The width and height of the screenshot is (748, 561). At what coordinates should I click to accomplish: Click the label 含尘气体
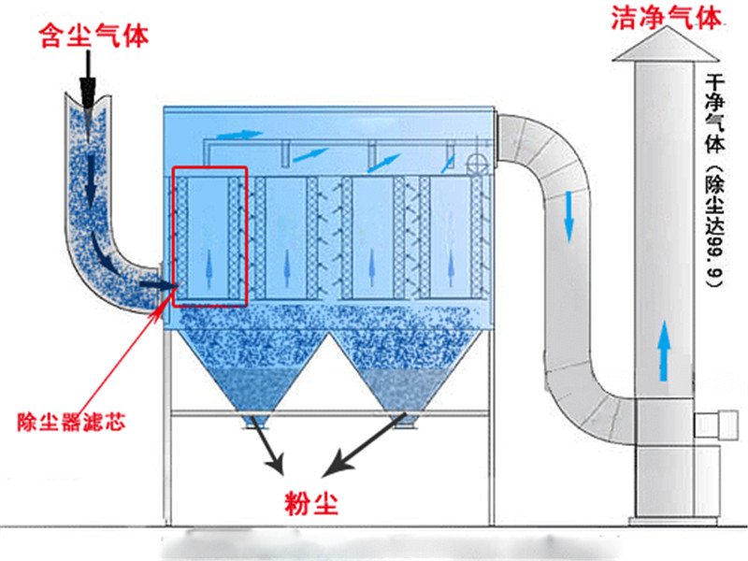(93, 36)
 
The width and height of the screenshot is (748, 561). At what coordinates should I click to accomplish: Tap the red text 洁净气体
(666, 18)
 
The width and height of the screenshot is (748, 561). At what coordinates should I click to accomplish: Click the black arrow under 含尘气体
(90, 80)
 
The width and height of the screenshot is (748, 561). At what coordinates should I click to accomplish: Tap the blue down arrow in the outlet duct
(569, 216)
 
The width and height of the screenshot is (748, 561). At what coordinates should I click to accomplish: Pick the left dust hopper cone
(252, 369)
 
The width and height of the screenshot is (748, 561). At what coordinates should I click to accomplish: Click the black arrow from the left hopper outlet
(269, 450)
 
